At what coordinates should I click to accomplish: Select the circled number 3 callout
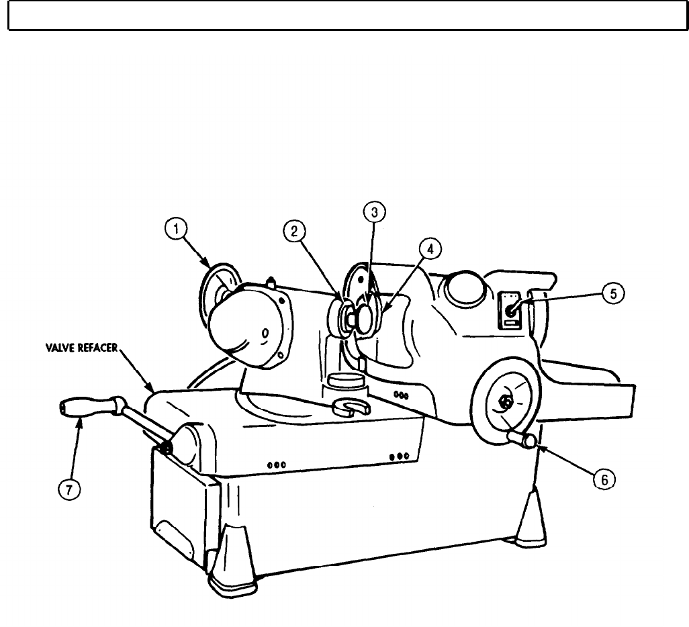pos(374,213)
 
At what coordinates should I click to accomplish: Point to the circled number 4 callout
pos(430,249)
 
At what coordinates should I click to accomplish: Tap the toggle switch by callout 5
pos(511,309)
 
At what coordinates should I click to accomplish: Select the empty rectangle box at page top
pos(344,15)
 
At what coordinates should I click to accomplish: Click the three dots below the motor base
pos(277,464)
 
